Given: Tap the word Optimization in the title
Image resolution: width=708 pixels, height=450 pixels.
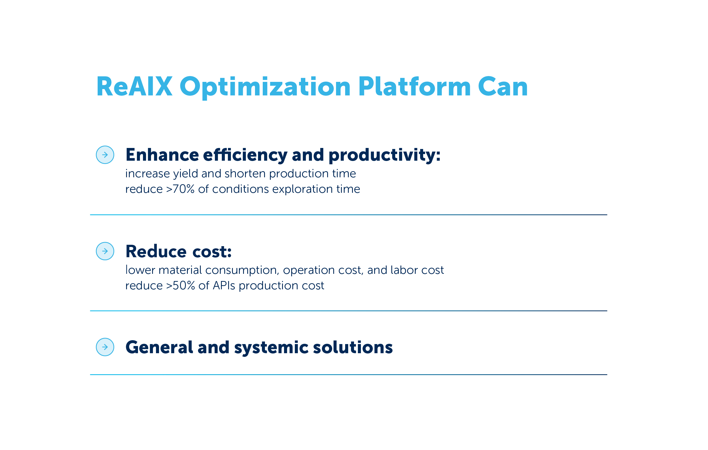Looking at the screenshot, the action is point(265,87).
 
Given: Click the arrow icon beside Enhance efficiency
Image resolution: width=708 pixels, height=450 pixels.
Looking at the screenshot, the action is point(105,155).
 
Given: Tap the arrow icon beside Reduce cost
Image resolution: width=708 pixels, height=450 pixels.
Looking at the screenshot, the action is point(105,251).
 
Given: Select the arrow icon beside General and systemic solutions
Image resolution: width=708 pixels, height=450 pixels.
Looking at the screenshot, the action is point(105,347).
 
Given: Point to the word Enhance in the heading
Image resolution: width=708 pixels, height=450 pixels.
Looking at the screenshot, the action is point(162,155).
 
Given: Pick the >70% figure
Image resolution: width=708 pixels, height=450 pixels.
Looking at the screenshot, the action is point(180,189).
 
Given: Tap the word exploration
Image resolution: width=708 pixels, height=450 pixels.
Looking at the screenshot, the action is point(303,189).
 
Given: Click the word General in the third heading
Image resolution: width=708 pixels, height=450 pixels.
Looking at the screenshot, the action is point(159,347).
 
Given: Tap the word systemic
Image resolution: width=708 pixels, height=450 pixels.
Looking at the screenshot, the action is point(271,348).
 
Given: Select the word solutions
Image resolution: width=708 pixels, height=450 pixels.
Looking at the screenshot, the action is point(353,347).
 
